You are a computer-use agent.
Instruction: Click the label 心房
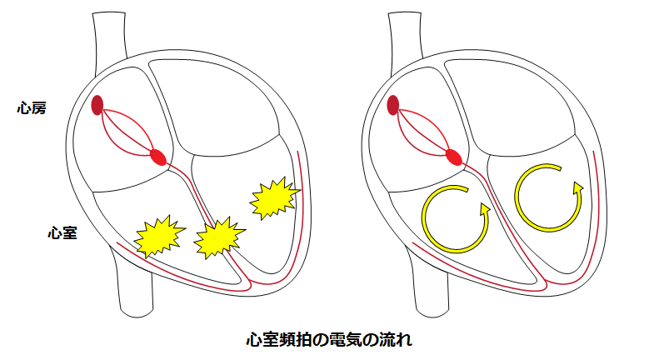pos(32,107)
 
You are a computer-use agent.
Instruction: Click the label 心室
pos(62,233)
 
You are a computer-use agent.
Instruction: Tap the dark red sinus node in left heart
pos(97,105)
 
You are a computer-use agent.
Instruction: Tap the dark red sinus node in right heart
pos(393,105)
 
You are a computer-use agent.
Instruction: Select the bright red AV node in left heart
pos(158,156)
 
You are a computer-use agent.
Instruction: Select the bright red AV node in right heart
pos(454,156)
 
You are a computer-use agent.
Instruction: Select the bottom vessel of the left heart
pos(136,292)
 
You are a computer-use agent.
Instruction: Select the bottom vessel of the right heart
pos(432,292)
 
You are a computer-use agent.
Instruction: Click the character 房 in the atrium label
pos(39,107)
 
